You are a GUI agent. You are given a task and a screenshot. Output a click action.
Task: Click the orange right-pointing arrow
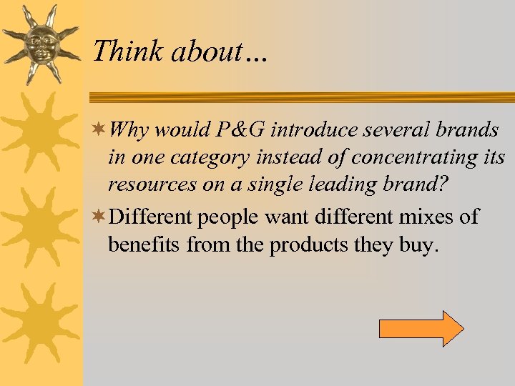click(x=421, y=329)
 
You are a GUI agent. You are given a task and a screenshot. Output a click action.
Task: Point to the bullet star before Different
click(x=101, y=216)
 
